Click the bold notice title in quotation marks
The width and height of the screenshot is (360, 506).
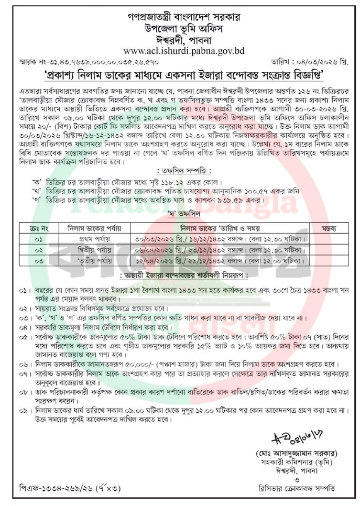pyautogui.click(x=180, y=75)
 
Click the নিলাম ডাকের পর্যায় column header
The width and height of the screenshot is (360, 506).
pyautogui.click(x=94, y=227)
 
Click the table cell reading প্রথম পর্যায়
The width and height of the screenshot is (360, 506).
pyautogui.click(x=94, y=237)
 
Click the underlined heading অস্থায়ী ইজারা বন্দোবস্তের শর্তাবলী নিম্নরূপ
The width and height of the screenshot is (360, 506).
pyautogui.click(x=180, y=275)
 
